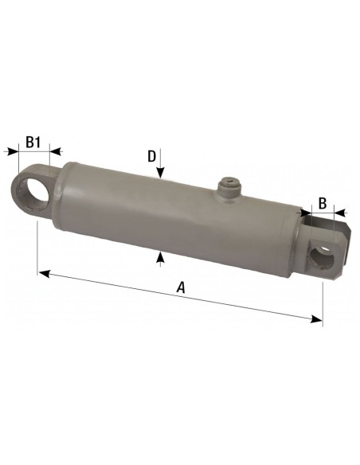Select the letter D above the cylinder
(x=151, y=156)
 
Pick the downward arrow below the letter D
(x=160, y=175)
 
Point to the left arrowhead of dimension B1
(x=11, y=149)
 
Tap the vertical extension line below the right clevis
(x=323, y=299)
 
